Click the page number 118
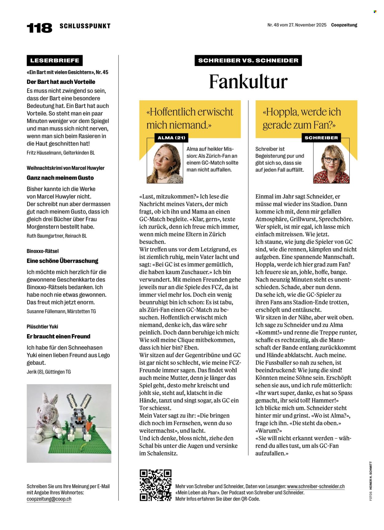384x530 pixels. (x=39, y=28)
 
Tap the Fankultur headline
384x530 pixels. (x=248, y=82)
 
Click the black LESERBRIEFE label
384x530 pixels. (x=55, y=60)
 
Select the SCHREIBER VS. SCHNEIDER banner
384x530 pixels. (x=248, y=60)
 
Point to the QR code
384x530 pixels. (x=155, y=485)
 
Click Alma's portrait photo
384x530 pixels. (x=165, y=163)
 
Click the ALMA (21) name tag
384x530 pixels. (x=171, y=138)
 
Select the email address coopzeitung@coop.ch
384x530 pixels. (x=49, y=499)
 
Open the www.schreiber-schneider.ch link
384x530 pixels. (x=316, y=486)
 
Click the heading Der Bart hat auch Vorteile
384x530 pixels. (x=61, y=82)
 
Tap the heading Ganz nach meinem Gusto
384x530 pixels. (x=60, y=178)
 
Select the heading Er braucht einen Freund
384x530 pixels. (x=58, y=336)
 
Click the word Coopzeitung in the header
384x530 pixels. (x=344, y=25)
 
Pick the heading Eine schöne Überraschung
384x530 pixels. (x=62, y=261)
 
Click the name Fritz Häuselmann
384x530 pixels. (x=44, y=153)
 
